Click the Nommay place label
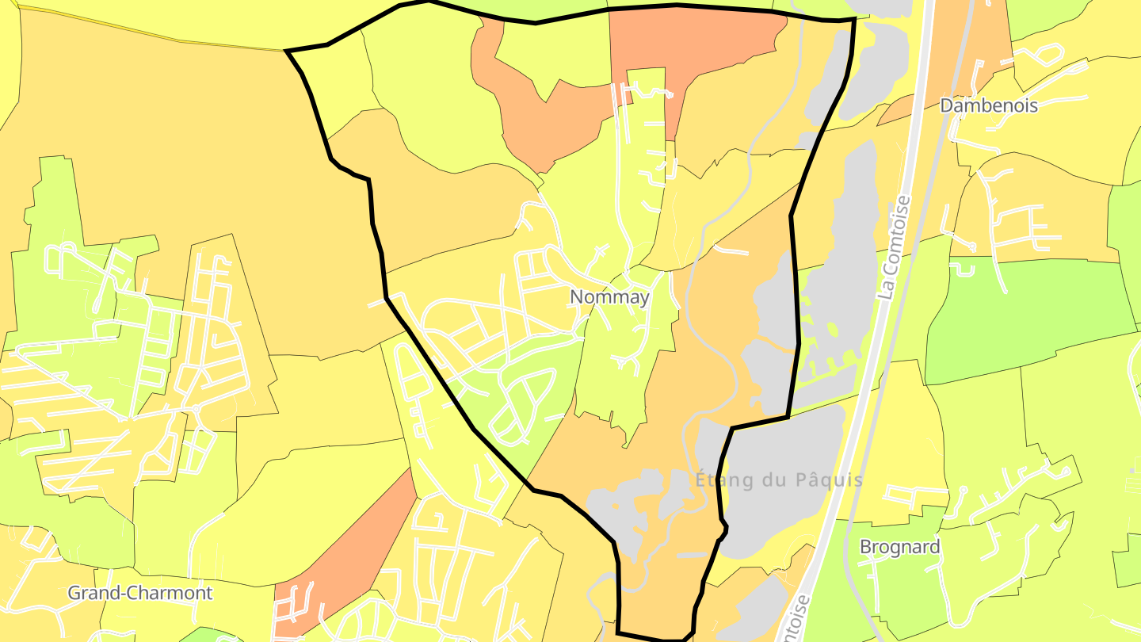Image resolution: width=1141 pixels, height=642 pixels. [x=609, y=297]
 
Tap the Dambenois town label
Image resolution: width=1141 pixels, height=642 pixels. [x=988, y=105]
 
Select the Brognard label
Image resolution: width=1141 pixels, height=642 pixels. [x=900, y=547]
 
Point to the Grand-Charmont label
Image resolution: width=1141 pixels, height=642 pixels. [x=140, y=593]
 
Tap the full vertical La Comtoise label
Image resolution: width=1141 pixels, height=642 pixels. [x=896, y=247]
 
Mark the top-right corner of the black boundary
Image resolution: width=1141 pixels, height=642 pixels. [x=854, y=19]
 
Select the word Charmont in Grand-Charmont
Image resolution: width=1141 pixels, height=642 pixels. [x=174, y=593]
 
